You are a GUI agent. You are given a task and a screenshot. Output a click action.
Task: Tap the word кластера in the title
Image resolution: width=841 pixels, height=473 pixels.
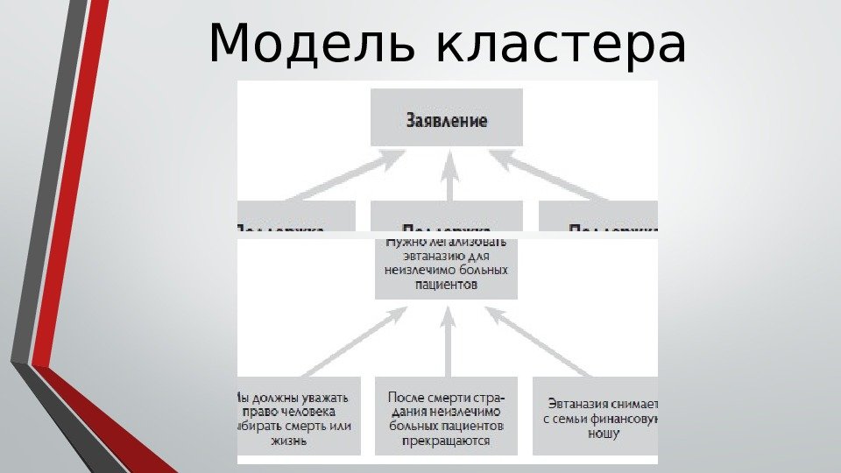tap(561, 46)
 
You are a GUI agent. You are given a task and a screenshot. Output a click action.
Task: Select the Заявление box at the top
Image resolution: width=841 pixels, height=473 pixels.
tap(447, 118)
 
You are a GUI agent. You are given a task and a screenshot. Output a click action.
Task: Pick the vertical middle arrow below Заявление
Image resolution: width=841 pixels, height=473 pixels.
tap(451, 175)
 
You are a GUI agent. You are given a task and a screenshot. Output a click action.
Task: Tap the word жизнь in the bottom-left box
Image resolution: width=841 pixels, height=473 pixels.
tap(296, 441)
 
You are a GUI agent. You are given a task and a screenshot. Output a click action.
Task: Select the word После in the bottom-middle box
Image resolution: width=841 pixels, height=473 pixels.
tap(406, 398)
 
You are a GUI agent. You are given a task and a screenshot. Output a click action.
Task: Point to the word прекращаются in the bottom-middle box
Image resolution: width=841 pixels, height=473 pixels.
tap(446, 441)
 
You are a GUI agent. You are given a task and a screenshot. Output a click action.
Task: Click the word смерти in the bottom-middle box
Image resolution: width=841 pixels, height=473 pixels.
tap(449, 398)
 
